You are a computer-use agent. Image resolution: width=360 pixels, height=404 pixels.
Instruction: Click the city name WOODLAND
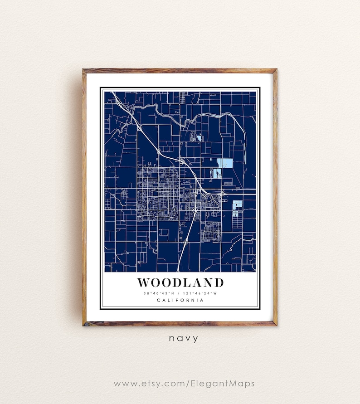tap(180, 282)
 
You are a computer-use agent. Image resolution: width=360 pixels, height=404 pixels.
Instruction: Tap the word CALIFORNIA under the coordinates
tap(180, 300)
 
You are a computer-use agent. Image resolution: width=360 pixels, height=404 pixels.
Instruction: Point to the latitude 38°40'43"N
tap(160, 293)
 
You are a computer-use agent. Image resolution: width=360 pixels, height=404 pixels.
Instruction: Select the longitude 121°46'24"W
tap(200, 293)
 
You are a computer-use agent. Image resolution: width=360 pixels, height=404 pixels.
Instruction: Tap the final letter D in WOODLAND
tap(219, 282)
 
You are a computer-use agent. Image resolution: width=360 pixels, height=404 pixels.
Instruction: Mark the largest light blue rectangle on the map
tap(227, 163)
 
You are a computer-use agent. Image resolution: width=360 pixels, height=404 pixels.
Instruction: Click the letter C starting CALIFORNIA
tap(158, 300)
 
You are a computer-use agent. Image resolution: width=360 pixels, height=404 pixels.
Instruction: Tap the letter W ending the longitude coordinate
tap(216, 293)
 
